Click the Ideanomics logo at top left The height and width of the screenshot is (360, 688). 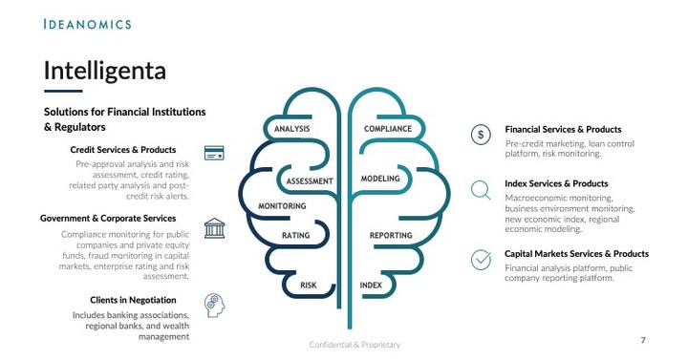[87, 23]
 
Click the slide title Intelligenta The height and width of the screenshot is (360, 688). [105, 70]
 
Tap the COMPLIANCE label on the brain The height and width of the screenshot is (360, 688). [388, 129]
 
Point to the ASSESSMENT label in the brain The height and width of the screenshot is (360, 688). [310, 180]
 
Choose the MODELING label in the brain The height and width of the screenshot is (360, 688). [380, 179]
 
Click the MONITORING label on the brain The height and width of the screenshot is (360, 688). [282, 206]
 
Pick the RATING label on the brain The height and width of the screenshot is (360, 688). [295, 235]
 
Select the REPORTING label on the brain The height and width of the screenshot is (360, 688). [391, 235]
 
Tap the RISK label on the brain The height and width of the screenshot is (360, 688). [308, 286]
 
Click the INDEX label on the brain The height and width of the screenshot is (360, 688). [371, 286]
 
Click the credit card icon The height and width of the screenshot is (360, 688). [214, 153]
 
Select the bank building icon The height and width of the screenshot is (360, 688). [214, 228]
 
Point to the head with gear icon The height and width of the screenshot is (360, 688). [215, 305]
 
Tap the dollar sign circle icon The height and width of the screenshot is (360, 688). [483, 135]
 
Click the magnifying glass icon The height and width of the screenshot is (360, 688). [483, 190]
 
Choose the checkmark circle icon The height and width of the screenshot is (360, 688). [483, 259]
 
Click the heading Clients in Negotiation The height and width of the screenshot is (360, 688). [133, 300]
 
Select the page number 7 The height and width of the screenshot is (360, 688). [643, 340]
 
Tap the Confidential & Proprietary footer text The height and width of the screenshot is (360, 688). [355, 344]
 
